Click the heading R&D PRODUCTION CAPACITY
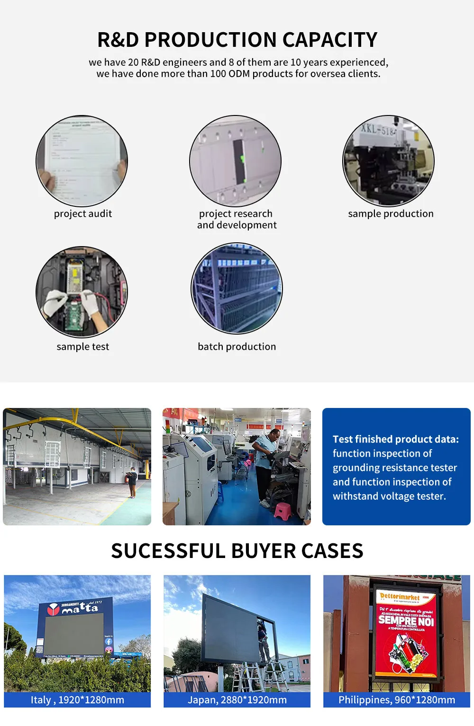pyautogui.click(x=237, y=40)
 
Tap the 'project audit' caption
pyautogui.click(x=83, y=214)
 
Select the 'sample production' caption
pyautogui.click(x=391, y=214)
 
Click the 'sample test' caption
pyautogui.click(x=83, y=347)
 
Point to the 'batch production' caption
pyautogui.click(x=237, y=347)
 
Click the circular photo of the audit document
pyautogui.click(x=82, y=161)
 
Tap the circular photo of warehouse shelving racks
pyautogui.click(x=237, y=289)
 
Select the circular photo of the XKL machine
pyautogui.click(x=388, y=161)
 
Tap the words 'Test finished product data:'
pyautogui.click(x=396, y=439)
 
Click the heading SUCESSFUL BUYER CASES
pyautogui.click(x=237, y=551)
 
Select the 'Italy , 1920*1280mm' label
pyautogui.click(x=77, y=700)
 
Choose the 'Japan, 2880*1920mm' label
pyautogui.click(x=237, y=700)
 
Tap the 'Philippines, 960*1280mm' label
pyautogui.click(x=397, y=700)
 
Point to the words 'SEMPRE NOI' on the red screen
pyautogui.click(x=406, y=620)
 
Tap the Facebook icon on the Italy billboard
pyautogui.click(x=109, y=642)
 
